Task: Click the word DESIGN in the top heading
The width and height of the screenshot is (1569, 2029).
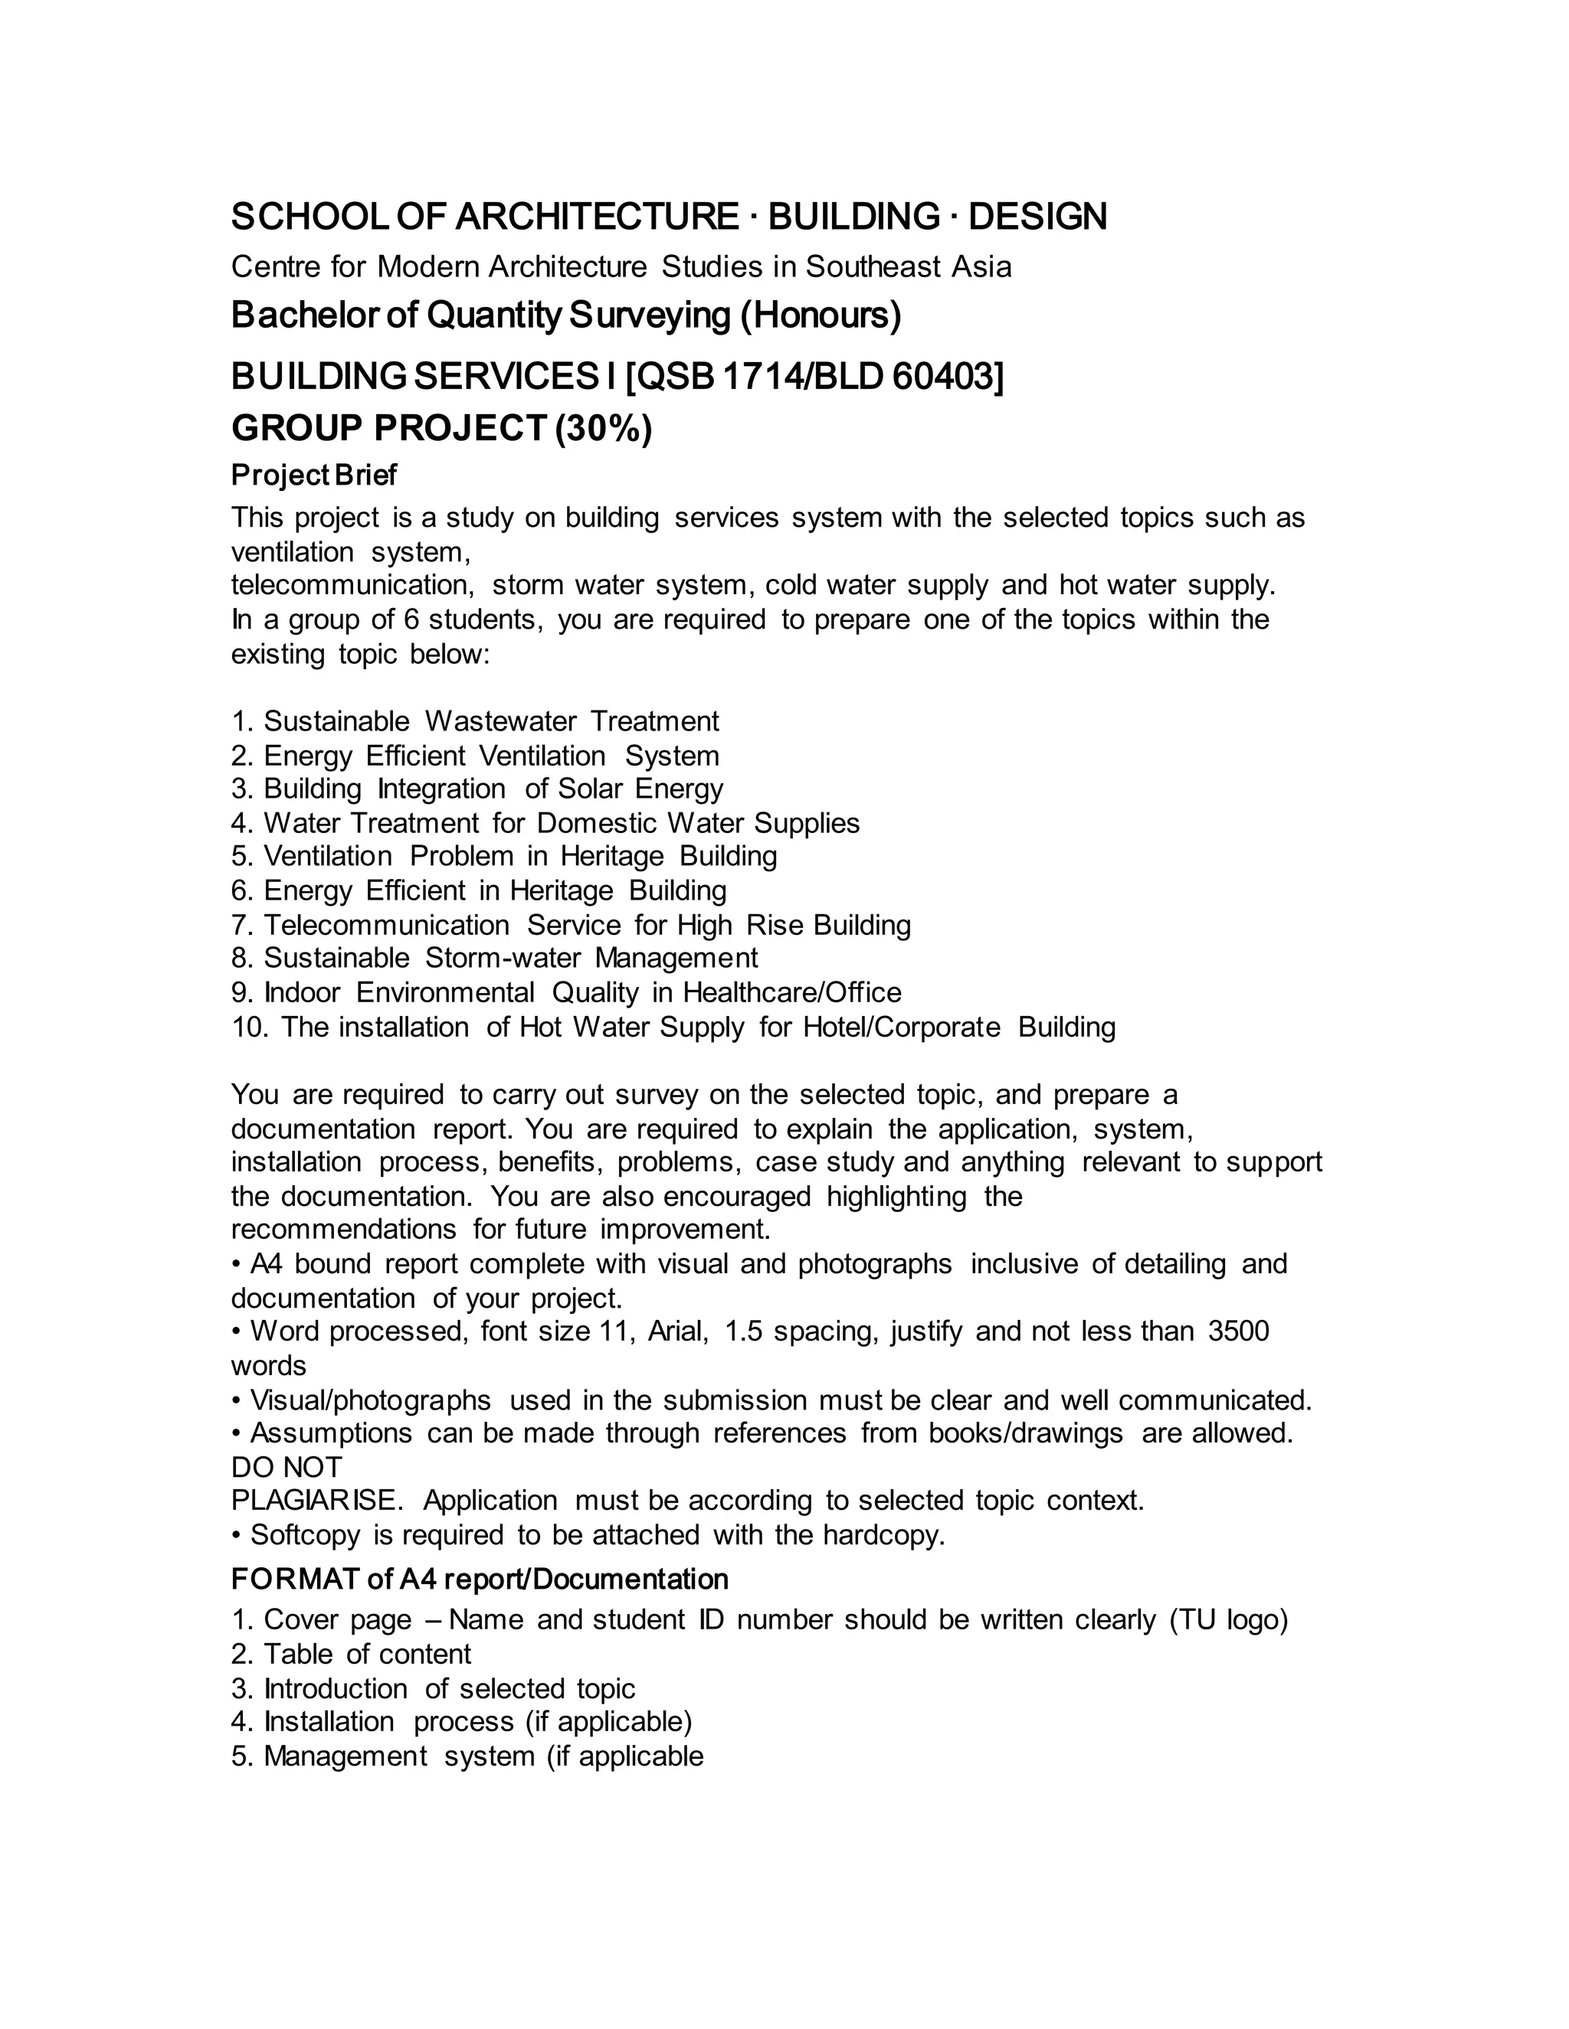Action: point(1037,217)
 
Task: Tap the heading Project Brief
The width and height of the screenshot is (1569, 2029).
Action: point(313,475)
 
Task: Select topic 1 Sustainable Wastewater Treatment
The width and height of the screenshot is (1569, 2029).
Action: point(475,721)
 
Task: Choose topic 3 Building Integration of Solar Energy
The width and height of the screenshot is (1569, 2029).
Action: point(477,789)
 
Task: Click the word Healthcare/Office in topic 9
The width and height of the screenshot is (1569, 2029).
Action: point(792,992)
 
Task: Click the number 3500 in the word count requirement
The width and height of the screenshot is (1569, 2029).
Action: point(1238,1331)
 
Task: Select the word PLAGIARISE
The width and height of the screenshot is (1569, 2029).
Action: point(317,1501)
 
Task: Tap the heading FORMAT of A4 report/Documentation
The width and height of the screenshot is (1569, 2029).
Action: point(480,1580)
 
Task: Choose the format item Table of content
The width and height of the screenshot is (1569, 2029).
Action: point(352,1654)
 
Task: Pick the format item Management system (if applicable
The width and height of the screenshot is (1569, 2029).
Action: point(467,1756)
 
